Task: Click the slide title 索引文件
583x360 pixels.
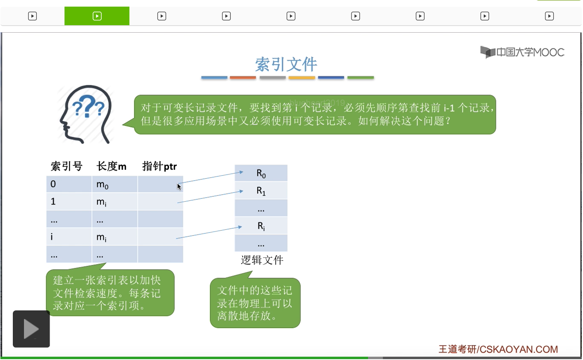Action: pos(286,64)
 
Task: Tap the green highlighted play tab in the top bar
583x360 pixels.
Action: pos(97,16)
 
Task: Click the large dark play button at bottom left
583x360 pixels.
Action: pos(31,329)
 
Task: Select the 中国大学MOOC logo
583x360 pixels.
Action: pos(522,52)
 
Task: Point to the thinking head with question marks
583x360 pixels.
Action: pos(86,114)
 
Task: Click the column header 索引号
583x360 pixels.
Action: pos(67,166)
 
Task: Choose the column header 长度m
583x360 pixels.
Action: pos(111,166)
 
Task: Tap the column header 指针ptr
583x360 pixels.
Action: pos(160,166)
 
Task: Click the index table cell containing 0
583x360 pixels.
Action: pos(69,184)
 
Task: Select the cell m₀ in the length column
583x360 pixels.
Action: pos(115,184)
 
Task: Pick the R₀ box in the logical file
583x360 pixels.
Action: pos(261,173)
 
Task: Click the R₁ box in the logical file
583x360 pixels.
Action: pos(261,191)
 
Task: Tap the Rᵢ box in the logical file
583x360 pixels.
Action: pos(261,226)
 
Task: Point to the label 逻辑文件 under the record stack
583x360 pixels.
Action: pos(262,260)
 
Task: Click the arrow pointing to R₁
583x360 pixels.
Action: pos(210,197)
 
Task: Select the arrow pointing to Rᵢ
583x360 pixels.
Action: pos(209,232)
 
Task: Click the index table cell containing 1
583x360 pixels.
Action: pos(69,202)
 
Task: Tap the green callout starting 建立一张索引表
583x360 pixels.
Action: pos(110,293)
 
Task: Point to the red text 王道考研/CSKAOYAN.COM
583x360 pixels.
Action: pos(498,349)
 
